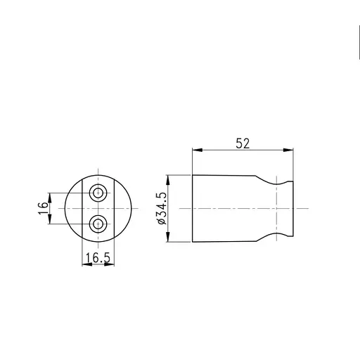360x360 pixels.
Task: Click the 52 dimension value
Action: click(243, 143)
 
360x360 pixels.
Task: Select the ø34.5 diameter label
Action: click(162, 208)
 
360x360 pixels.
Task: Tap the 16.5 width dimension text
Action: click(98, 257)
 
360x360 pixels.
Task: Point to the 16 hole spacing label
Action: click(43, 208)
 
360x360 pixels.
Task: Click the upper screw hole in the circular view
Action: click(98, 193)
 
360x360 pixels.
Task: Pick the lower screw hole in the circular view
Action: click(98, 224)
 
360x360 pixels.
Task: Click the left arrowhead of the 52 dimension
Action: click(198, 150)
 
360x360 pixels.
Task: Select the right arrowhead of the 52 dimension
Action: click(288, 150)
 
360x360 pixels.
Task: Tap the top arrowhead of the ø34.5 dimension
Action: click(168, 180)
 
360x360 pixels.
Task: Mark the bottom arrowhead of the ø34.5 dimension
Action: click(168, 237)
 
